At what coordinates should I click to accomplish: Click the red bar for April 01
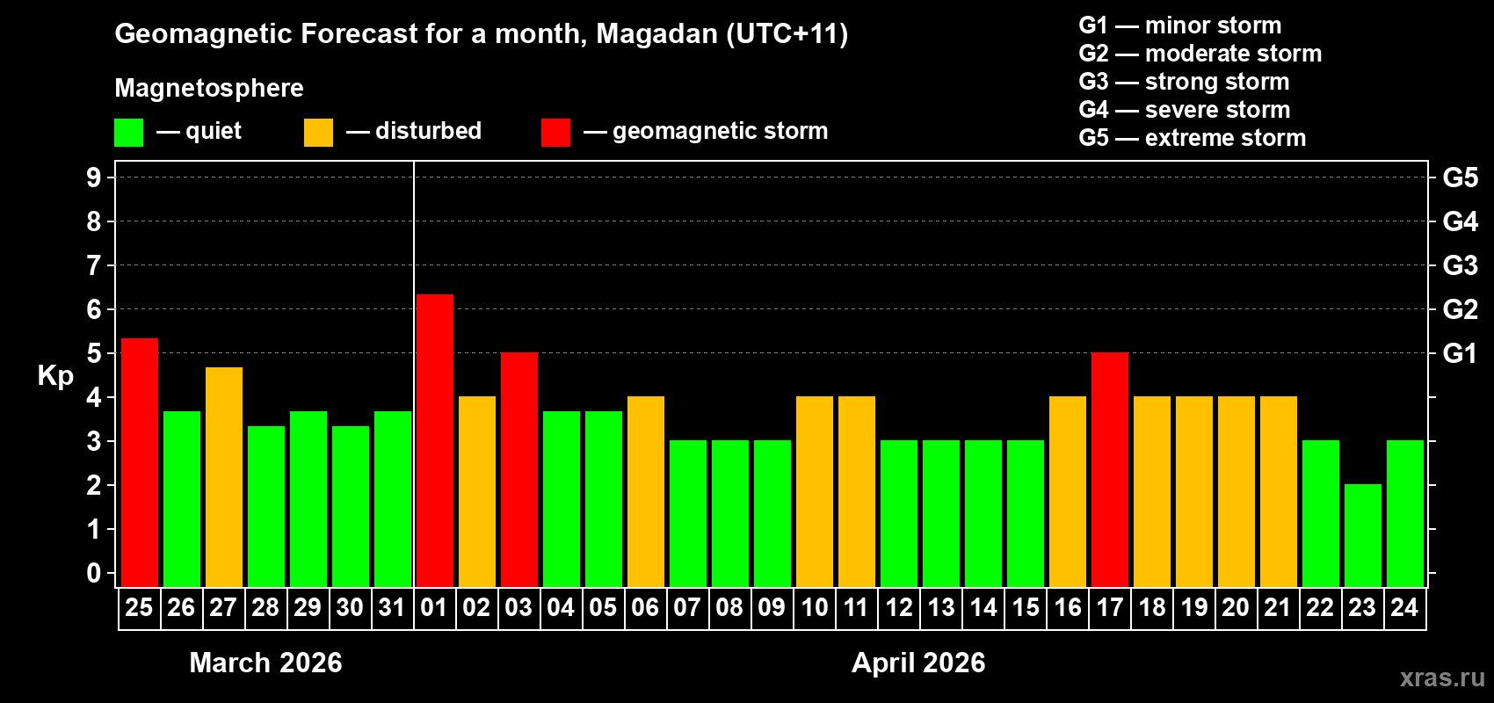(x=434, y=440)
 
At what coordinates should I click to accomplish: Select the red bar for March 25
(x=139, y=462)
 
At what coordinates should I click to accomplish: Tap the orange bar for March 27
(x=223, y=476)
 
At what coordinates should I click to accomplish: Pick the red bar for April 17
(x=1109, y=469)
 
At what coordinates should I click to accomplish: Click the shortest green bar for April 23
(x=1362, y=535)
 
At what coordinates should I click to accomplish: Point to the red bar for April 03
(x=519, y=469)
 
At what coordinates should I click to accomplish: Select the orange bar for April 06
(x=645, y=491)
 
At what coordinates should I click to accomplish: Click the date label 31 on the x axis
(x=392, y=607)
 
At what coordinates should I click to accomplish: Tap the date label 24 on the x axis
(x=1404, y=607)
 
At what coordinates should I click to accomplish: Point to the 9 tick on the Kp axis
(x=94, y=178)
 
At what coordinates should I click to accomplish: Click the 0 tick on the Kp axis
(x=94, y=574)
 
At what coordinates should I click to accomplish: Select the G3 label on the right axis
(x=1460, y=265)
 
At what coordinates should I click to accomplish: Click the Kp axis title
(x=55, y=375)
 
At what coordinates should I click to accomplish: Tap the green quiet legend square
(x=128, y=133)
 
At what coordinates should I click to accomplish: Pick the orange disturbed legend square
(x=318, y=133)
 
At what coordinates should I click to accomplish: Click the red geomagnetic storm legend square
(x=555, y=133)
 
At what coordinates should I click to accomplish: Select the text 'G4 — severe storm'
(x=1184, y=110)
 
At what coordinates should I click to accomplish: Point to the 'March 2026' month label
(x=265, y=663)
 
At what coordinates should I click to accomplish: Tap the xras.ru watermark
(x=1442, y=678)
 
